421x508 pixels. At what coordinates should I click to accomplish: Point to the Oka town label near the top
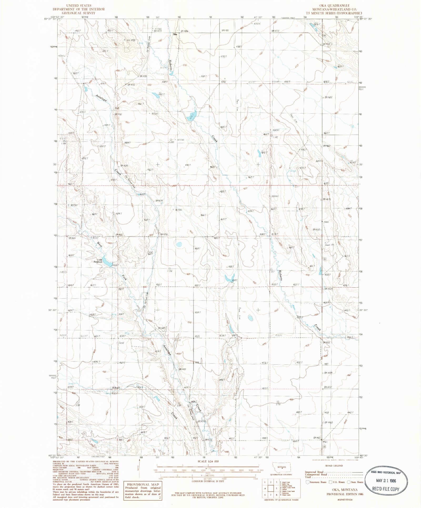(175, 34)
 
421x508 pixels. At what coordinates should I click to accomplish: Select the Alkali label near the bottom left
(116, 388)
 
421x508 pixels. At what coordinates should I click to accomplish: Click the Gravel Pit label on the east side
(329, 245)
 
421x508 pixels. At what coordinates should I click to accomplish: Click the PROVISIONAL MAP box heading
(143, 484)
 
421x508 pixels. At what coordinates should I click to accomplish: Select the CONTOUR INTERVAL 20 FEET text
(208, 481)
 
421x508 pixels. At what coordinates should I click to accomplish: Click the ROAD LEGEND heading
(334, 466)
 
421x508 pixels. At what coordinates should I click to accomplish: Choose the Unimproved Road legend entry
(316, 474)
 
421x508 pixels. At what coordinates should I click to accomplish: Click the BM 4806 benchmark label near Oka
(185, 31)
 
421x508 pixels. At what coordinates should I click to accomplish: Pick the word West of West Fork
(99, 245)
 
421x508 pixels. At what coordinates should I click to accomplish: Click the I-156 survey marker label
(170, 271)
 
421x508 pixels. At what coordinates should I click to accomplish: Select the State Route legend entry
(356, 482)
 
